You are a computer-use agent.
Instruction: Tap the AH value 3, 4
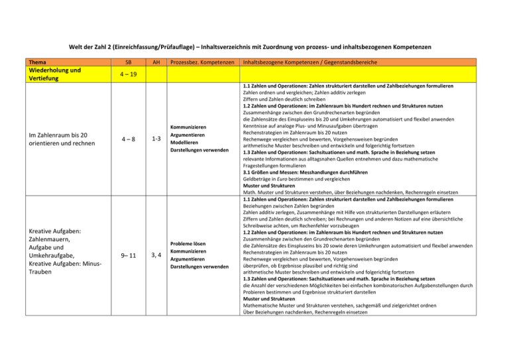[x=156, y=254]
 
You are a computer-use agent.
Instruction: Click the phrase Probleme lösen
[x=192, y=242]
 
